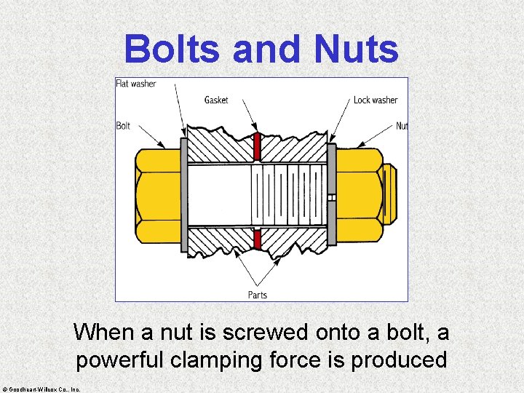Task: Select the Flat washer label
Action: (136, 84)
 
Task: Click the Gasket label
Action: (216, 100)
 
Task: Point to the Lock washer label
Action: (376, 100)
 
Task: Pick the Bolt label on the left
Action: (123, 126)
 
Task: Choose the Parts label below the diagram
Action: (258, 295)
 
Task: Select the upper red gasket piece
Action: (256, 147)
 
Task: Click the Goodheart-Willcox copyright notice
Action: (42, 389)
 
